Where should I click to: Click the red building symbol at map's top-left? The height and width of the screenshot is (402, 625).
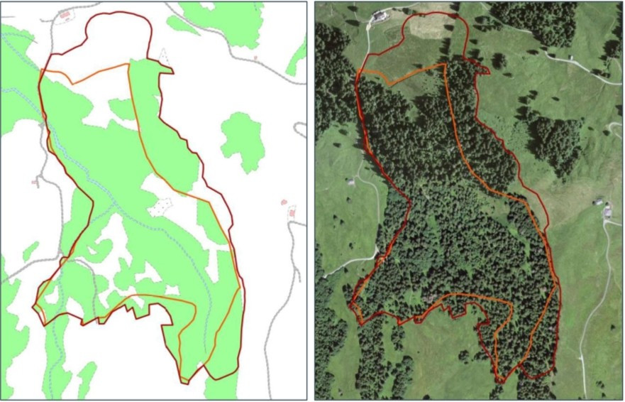click(x=65, y=14)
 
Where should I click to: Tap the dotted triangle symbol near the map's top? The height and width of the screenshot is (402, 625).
click(x=164, y=56)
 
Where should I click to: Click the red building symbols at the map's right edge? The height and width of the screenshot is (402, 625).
click(x=288, y=207)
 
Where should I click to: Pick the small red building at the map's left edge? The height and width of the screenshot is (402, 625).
click(x=35, y=184)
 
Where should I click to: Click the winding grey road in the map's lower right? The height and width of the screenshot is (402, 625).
click(x=273, y=298)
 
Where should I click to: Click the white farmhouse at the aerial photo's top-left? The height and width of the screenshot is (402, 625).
click(x=380, y=16)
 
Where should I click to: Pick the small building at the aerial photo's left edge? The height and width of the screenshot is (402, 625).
click(x=350, y=181)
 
